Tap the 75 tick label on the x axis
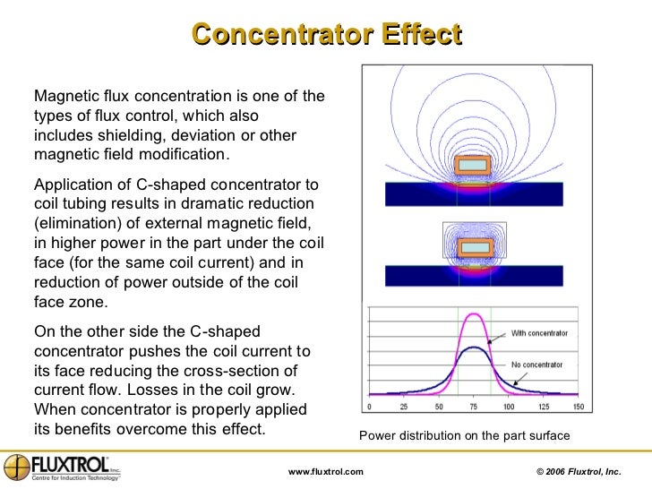[x=473, y=406]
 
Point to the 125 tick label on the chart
[x=544, y=406]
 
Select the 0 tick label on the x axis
[x=370, y=406]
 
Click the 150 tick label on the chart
[x=579, y=406]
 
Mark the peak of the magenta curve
[x=473, y=314]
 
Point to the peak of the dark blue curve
[x=473, y=347]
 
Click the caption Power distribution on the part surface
[x=464, y=436]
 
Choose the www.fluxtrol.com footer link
[x=326, y=471]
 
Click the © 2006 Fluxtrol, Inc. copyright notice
[x=578, y=471]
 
